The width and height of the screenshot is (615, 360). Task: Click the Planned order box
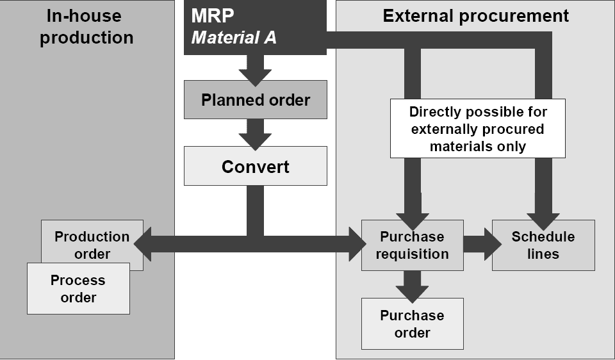[x=255, y=100]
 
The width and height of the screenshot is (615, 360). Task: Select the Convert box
[x=255, y=167]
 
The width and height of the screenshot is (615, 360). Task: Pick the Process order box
[x=78, y=289]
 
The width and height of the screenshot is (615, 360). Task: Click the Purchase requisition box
[x=412, y=245]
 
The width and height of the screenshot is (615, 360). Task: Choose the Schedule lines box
[x=543, y=245]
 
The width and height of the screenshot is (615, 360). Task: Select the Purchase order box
[x=412, y=323]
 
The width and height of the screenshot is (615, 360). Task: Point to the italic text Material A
[x=234, y=37]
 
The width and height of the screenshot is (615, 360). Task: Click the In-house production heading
[x=86, y=26]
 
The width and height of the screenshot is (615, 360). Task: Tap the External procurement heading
[x=475, y=16]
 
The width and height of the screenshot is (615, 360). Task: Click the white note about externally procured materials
[x=478, y=129]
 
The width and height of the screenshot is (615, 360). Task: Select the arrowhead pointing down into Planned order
[x=255, y=74]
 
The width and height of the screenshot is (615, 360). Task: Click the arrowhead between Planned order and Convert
[x=255, y=139]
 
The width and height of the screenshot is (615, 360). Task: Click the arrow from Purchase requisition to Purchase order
[x=412, y=286]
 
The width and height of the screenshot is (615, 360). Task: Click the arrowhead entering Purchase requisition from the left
[x=355, y=244]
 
